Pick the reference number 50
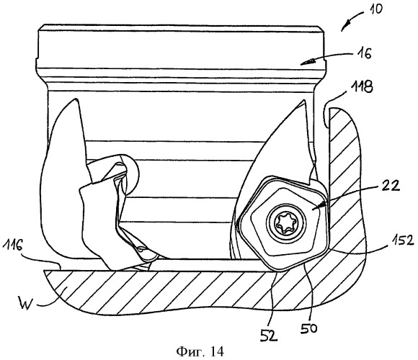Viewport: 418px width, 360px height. [x=308, y=328]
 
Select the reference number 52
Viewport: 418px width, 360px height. [x=270, y=336]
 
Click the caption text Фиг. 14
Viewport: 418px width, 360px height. [x=200, y=352]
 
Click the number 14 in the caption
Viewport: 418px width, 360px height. [x=217, y=352]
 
